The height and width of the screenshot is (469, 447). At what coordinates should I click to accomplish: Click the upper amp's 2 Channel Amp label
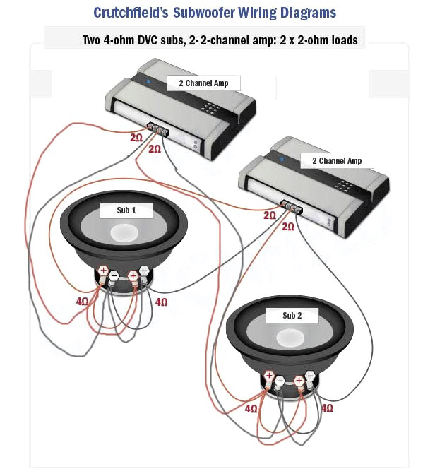203,83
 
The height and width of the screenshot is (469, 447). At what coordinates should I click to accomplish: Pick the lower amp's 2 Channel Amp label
336,161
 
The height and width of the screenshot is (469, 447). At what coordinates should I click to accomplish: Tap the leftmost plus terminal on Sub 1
104,271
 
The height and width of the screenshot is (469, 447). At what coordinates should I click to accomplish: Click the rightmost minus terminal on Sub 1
144,270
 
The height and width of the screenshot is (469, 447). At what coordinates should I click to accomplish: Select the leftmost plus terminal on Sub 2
269,375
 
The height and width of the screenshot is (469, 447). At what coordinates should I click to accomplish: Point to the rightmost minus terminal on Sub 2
310,381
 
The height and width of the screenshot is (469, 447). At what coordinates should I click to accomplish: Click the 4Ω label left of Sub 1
83,302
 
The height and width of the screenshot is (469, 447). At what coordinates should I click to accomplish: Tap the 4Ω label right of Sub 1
162,302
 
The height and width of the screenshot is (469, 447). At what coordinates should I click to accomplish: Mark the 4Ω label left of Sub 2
251,408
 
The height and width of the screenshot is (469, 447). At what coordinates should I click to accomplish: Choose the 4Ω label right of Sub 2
327,408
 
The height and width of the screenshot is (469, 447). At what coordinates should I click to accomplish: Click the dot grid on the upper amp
211,109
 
